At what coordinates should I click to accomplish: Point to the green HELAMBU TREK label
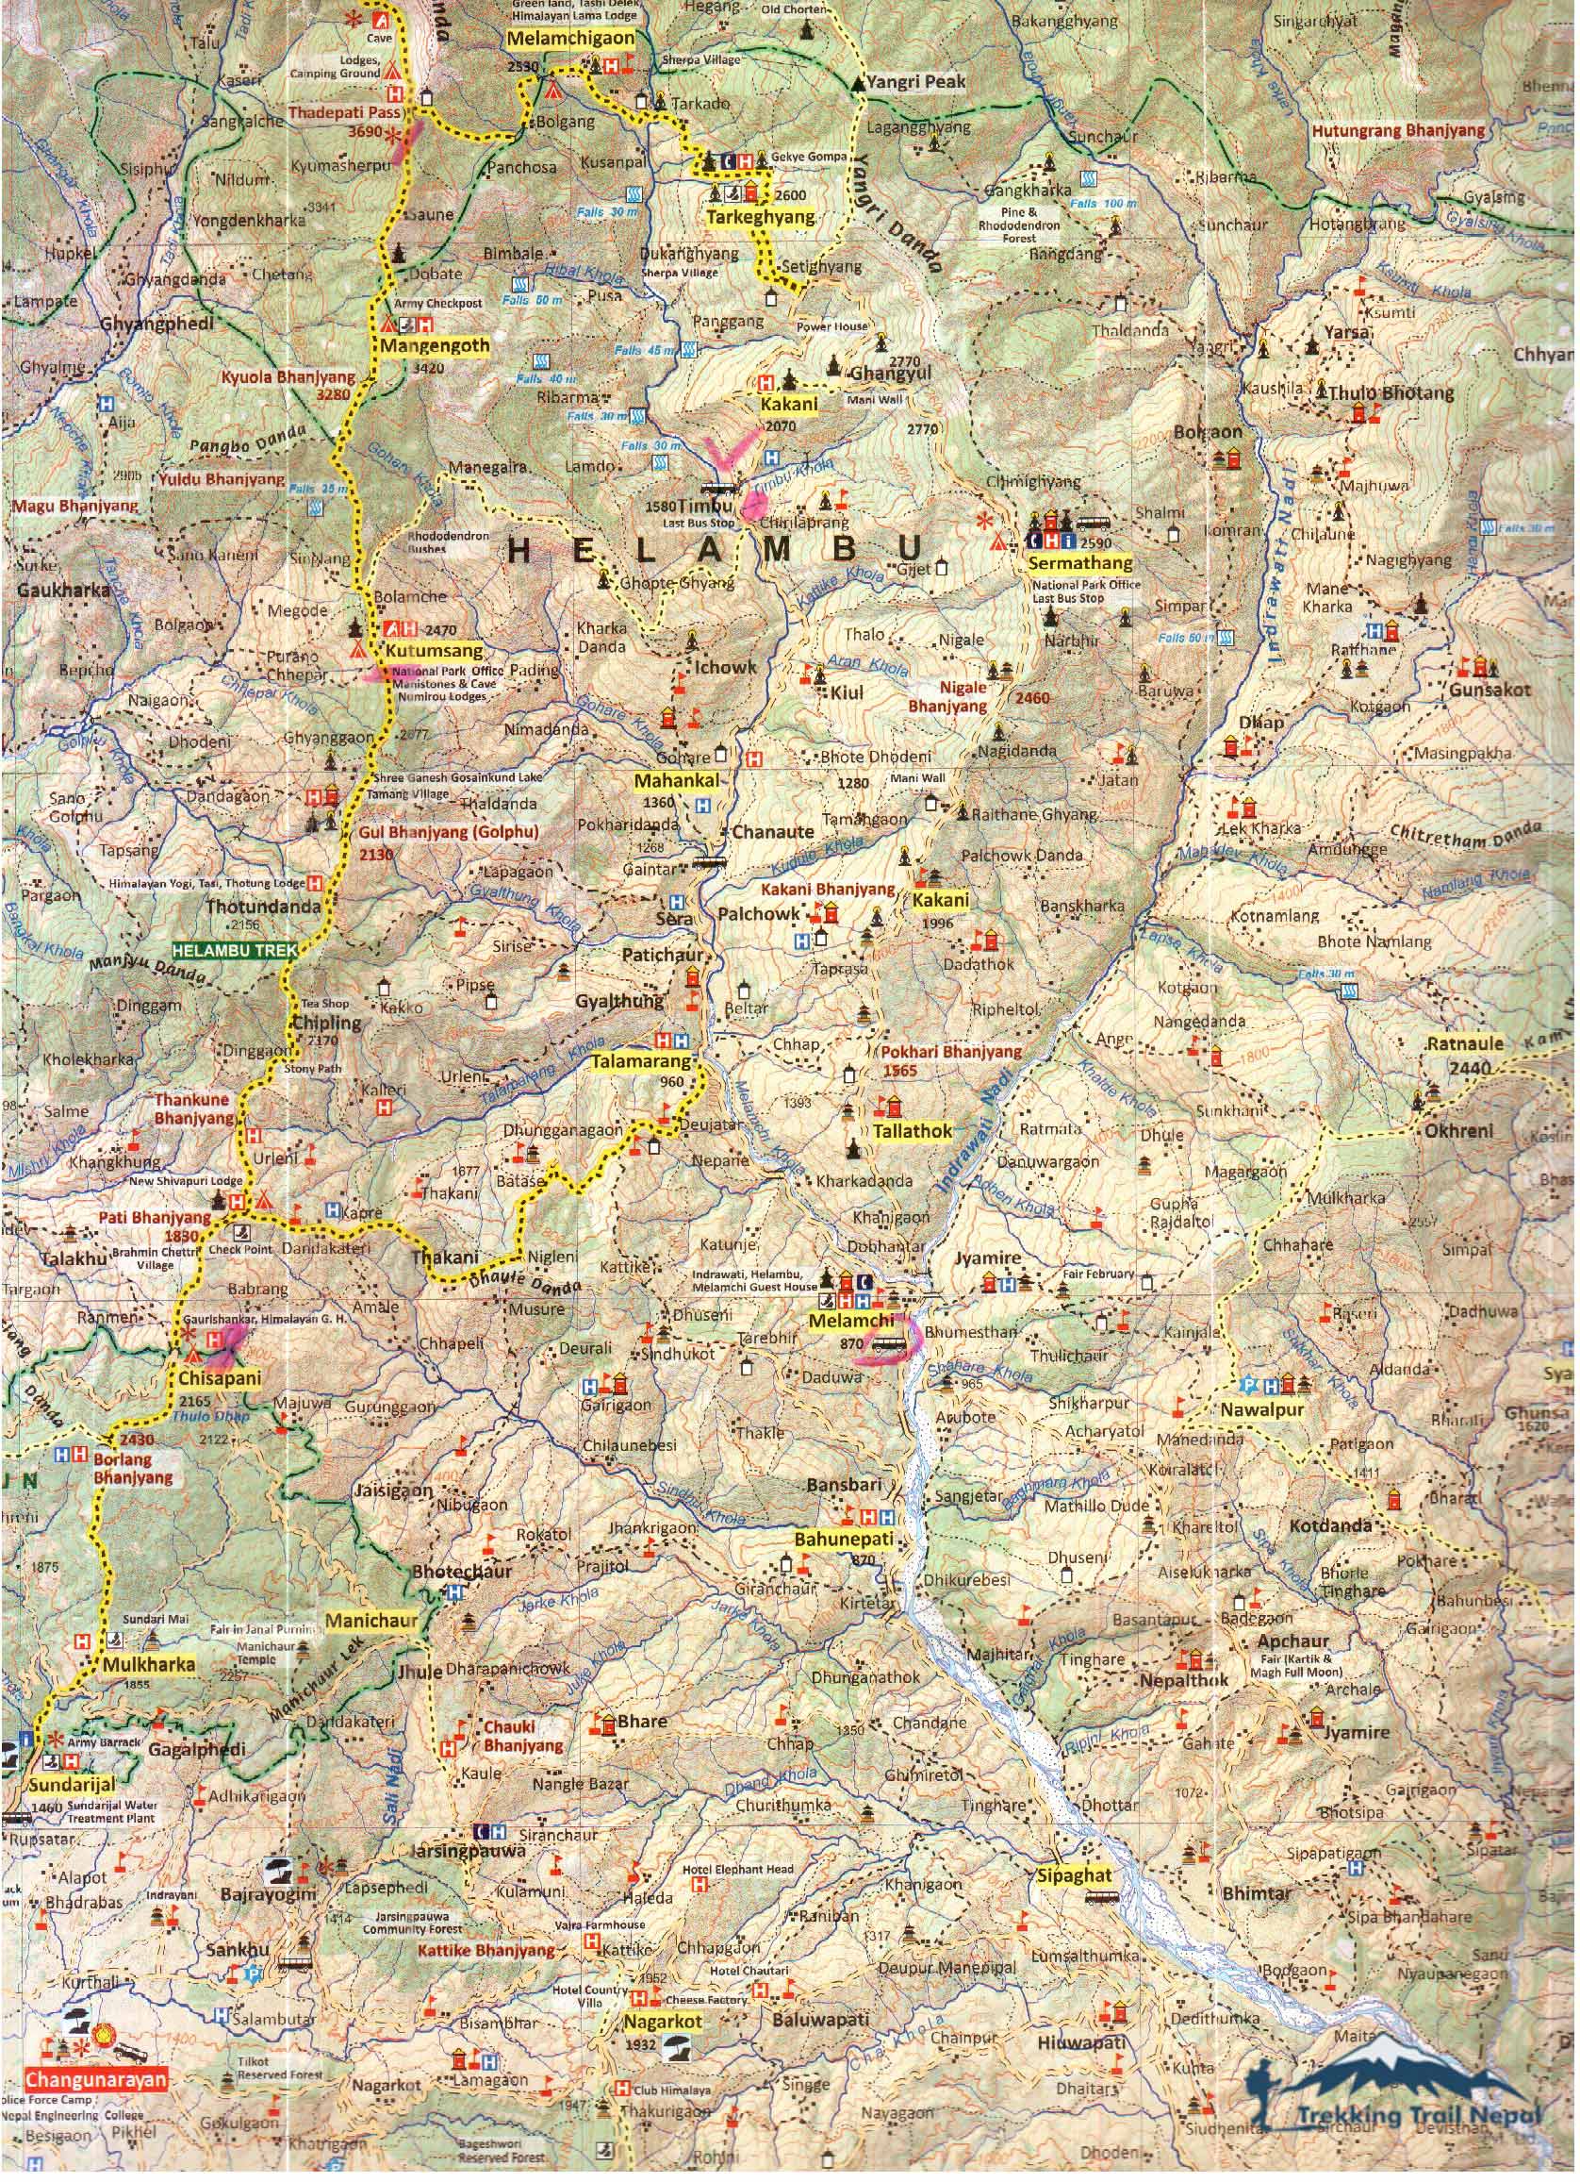tap(235, 949)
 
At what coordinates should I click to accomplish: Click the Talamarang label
tap(641, 1062)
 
